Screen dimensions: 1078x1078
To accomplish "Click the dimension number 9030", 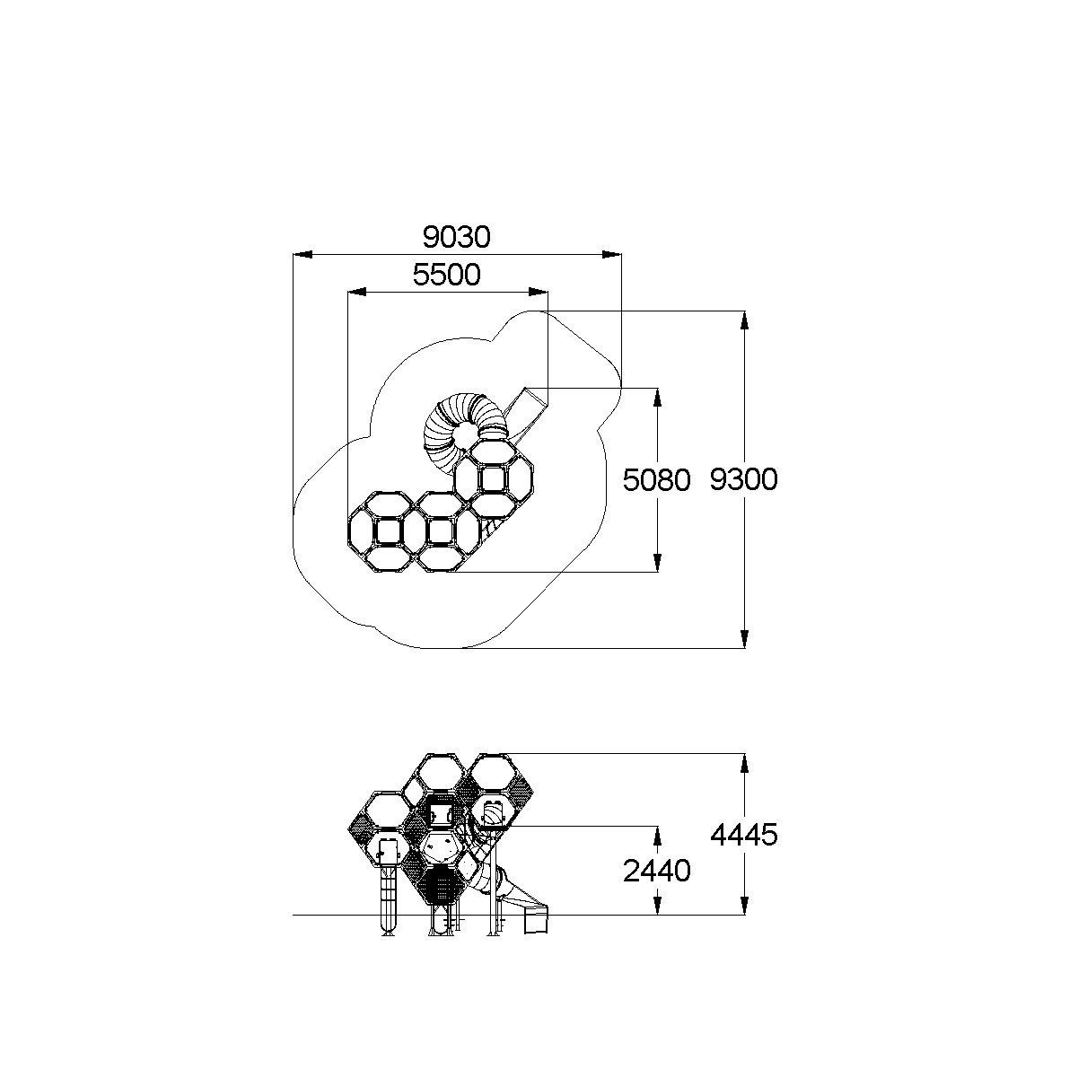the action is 457,237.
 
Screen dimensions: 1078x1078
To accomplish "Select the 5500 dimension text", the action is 446,275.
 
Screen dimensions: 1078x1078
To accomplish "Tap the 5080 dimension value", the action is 657,480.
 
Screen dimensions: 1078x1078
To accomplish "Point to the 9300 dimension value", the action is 744,479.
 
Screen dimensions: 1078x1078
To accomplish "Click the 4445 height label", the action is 744,835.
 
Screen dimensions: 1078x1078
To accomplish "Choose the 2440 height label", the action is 657,871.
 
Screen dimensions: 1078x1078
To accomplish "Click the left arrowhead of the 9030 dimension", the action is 302,255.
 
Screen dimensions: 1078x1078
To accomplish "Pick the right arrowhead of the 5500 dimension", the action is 539,292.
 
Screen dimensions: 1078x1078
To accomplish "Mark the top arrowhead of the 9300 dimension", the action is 744,320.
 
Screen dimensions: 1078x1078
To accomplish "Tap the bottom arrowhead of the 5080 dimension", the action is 657,563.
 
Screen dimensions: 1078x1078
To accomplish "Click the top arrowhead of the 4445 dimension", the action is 744,764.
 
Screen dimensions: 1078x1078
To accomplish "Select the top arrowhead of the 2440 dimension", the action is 657,836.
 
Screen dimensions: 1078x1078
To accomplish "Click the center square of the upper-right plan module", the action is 493,479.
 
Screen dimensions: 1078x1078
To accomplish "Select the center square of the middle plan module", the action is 440,531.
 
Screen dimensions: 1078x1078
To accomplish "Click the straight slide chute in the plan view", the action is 526,413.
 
